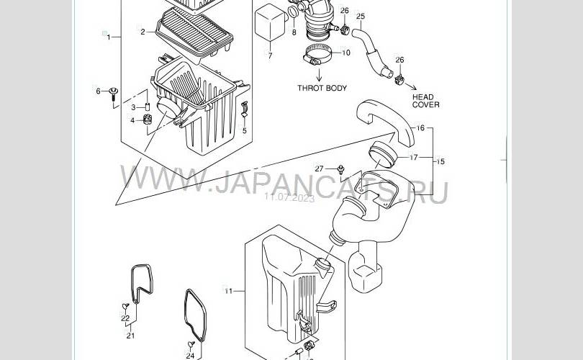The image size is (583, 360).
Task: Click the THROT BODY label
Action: click(x=322, y=88)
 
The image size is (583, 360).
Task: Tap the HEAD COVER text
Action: click(x=425, y=101)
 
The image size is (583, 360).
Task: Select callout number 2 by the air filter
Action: click(x=143, y=32)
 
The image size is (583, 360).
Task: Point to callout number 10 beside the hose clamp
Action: click(x=345, y=53)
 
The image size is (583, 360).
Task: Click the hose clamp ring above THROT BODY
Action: click(x=317, y=55)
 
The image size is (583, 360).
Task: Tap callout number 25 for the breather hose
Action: click(x=361, y=17)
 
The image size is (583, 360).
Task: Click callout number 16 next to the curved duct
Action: click(x=420, y=128)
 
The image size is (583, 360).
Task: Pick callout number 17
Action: click(x=414, y=157)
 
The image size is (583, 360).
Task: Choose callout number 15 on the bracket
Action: click(x=440, y=162)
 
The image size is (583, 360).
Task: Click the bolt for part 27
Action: click(x=340, y=169)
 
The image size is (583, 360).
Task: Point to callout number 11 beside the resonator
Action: click(x=228, y=291)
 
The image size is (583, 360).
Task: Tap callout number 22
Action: click(x=125, y=318)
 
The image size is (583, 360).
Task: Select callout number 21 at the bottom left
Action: click(x=130, y=336)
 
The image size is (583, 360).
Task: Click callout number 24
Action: click(x=190, y=356)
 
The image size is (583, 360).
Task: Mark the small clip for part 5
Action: click(x=245, y=109)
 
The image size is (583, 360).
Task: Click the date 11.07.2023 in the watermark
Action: click(x=289, y=197)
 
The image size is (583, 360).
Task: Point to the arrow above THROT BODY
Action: click(x=319, y=73)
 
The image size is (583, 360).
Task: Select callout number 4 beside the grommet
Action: click(x=132, y=120)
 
